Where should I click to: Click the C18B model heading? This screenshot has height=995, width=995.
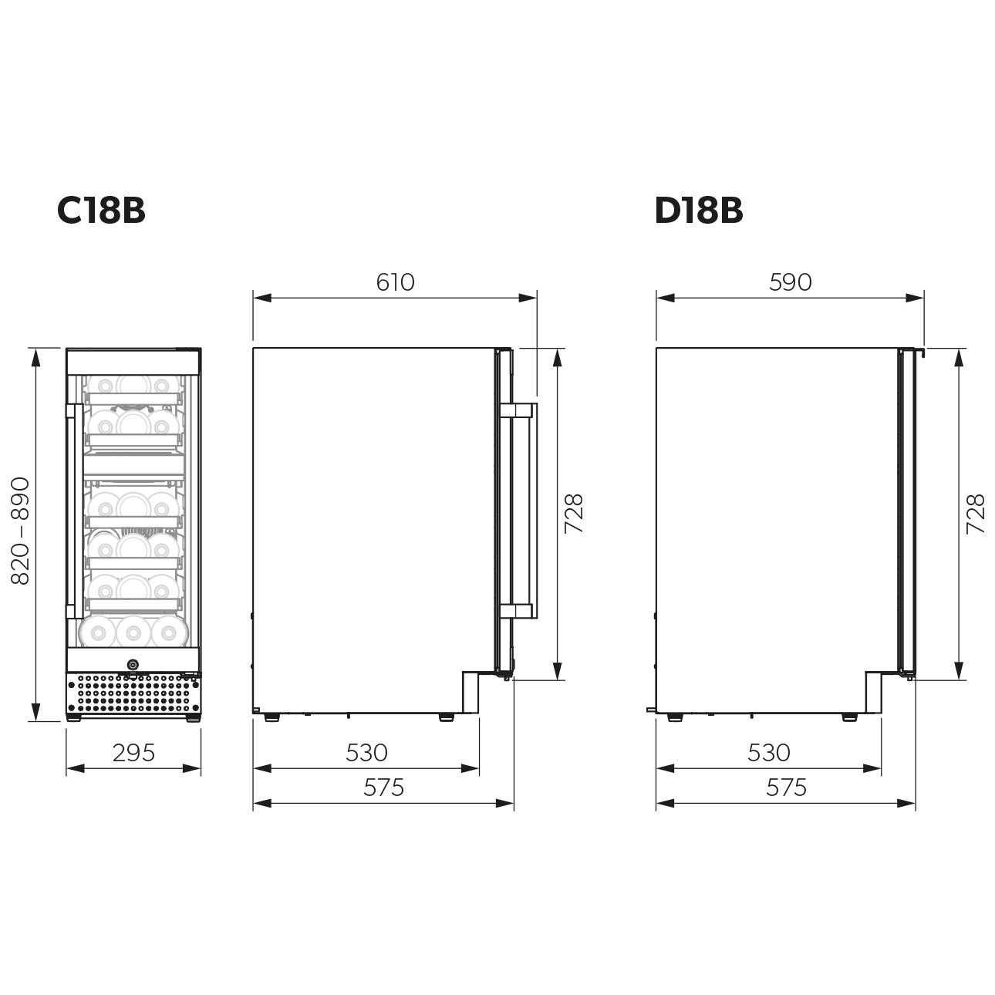(101, 211)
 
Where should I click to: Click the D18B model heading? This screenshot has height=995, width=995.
(698, 211)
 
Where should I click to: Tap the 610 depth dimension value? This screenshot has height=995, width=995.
(395, 282)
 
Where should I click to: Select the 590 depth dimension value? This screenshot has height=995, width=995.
(790, 282)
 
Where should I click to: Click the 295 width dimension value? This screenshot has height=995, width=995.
(133, 752)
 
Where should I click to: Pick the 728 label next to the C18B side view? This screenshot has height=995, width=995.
(574, 514)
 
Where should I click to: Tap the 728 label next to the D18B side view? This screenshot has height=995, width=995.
(976, 514)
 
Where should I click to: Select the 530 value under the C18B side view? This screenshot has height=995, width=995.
(366, 752)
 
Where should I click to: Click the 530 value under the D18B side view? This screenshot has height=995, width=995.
(768, 752)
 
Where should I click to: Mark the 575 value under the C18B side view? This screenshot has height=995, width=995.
(383, 787)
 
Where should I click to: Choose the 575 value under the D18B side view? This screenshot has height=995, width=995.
(786, 787)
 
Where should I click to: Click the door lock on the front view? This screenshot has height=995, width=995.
(133, 664)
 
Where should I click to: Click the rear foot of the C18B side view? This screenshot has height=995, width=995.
(272, 717)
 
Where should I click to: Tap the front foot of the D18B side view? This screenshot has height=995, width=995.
(848, 717)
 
